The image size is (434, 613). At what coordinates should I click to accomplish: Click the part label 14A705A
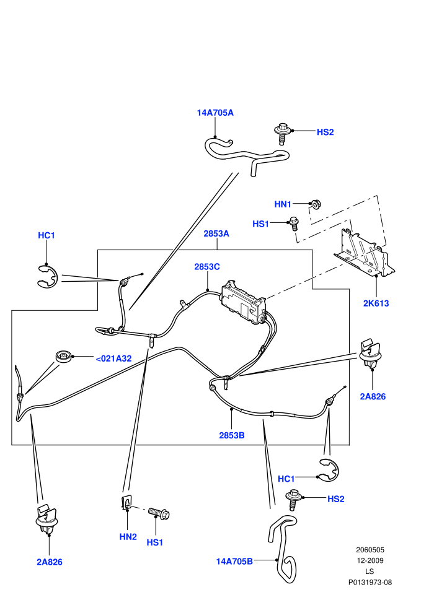point(215,113)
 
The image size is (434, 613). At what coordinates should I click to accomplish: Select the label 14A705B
point(234,562)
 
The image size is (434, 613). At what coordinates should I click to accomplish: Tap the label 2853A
point(216,233)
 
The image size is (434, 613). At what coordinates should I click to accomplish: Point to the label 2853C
point(207,267)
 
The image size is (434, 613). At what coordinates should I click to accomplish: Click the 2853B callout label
point(232,435)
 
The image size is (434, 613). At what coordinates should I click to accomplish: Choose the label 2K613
point(376,303)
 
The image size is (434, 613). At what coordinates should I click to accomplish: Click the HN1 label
point(283,204)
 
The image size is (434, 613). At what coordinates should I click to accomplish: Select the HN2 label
point(128,537)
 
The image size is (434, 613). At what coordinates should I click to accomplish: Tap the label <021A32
point(113,359)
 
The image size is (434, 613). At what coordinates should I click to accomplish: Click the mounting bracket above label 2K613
point(364,253)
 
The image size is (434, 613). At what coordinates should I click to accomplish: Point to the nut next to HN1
point(315,204)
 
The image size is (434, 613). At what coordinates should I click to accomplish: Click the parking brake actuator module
point(242,302)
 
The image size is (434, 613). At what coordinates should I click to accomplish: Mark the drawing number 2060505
point(370,550)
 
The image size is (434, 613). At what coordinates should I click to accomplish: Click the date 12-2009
point(370,560)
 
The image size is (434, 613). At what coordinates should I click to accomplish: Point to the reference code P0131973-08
point(370,582)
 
